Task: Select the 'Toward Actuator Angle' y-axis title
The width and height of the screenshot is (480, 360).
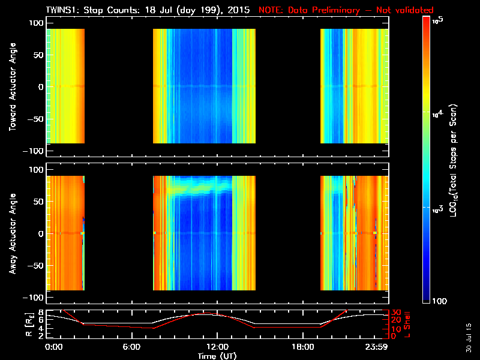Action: click(13, 86)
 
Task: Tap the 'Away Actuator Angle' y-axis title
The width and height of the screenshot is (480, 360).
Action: click(13, 234)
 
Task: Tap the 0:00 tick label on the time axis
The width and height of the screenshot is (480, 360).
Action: click(53, 347)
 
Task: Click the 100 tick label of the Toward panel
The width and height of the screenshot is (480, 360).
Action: click(36, 23)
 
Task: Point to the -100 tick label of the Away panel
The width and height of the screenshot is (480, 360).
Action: click(34, 298)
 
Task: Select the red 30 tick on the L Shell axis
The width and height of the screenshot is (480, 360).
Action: click(395, 313)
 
